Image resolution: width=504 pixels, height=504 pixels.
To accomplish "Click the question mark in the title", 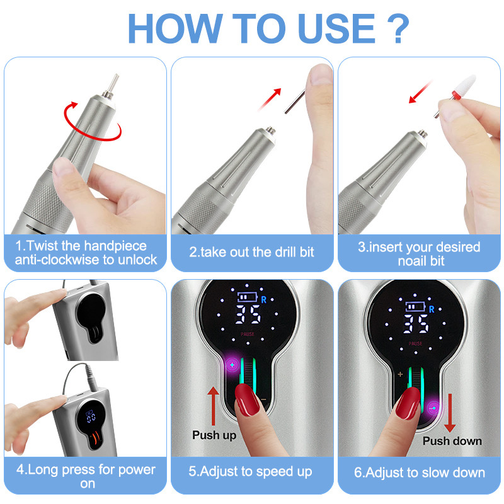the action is coord(398,28).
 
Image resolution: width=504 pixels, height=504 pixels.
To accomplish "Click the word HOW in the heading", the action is coord(176,28).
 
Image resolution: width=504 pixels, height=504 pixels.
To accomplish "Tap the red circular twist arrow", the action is coord(92,122).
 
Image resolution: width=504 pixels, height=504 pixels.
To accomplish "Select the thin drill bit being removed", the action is coord(295,101).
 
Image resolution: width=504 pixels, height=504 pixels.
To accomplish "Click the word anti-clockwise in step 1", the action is coord(57,260).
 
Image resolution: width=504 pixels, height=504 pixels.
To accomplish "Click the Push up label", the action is coord(214,435).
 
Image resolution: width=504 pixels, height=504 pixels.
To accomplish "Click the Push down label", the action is coord(452,441).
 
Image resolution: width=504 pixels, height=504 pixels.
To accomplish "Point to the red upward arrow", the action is coord(213,406).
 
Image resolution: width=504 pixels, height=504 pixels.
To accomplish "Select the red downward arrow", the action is coord(450,413).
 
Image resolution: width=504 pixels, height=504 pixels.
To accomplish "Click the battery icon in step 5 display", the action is coord(248,297).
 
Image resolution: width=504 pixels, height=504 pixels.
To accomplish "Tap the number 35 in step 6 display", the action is coord(416,324).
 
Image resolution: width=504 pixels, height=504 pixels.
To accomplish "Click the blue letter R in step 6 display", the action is coord(432,309).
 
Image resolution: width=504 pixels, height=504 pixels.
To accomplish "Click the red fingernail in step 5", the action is coord(246,399).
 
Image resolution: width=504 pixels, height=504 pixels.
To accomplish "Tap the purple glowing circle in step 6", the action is coord(434,408).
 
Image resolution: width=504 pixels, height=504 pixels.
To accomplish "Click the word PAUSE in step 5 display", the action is coord(248,335).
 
